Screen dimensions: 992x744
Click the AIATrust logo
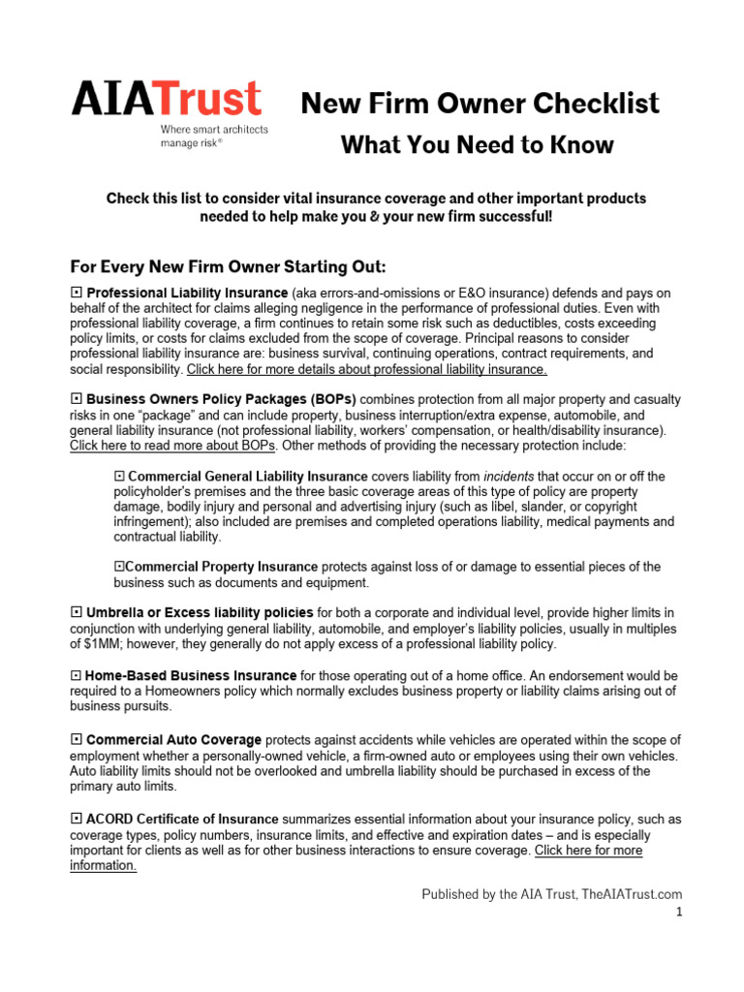coord(167,100)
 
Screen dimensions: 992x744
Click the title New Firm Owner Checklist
coord(480,103)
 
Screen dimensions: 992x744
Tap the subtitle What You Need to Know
coord(477,145)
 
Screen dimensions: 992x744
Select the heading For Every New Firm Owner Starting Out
coord(229,266)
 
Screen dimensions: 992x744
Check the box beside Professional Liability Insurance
coord(76,293)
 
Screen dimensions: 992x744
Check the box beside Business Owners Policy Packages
coord(76,399)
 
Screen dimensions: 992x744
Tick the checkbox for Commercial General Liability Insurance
coord(119,477)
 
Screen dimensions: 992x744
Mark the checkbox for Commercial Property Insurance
coord(119,567)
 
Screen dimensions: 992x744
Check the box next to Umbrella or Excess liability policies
coord(76,613)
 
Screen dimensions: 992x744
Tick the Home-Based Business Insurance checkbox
coord(76,675)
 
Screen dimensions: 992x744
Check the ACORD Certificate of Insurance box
coord(76,820)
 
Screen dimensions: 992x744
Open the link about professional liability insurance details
coord(367,369)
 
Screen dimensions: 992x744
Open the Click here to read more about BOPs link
coord(172,446)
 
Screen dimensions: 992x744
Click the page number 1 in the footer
coord(679,913)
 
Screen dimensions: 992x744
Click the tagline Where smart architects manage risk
coord(214,136)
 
